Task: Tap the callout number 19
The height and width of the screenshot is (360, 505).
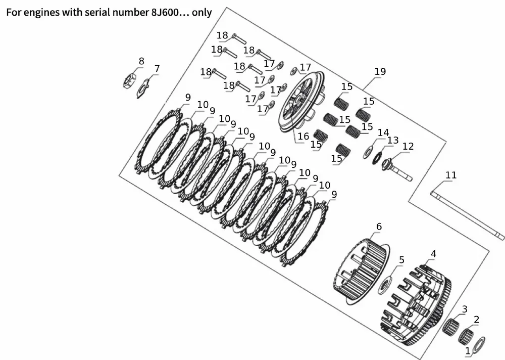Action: (x=380, y=71)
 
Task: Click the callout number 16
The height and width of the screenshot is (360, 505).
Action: (x=303, y=136)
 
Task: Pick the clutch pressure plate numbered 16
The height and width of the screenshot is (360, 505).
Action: (x=301, y=102)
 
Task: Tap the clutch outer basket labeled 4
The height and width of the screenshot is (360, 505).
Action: (x=416, y=305)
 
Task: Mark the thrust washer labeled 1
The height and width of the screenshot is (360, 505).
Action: (x=480, y=344)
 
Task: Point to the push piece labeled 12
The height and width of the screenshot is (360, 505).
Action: (x=397, y=169)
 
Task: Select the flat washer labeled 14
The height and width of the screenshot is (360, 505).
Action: (x=368, y=152)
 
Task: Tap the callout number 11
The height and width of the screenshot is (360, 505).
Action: (x=451, y=175)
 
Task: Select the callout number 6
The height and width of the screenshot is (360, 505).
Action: (x=379, y=227)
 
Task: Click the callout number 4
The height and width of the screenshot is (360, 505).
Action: (x=433, y=254)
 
